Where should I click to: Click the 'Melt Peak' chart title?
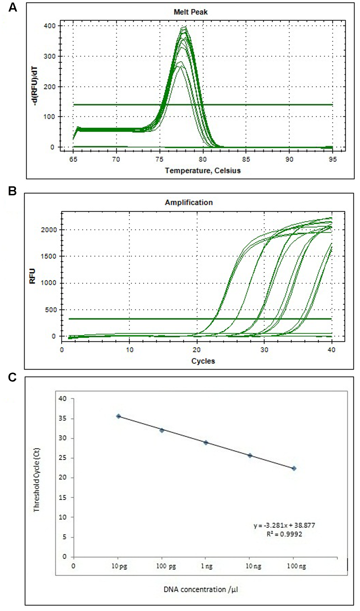point(190,12)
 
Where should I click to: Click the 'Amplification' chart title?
point(189,203)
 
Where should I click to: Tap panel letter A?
point(13,8)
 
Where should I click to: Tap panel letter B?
point(12,191)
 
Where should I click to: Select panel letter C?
point(12,378)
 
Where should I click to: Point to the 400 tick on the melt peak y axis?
point(50,26)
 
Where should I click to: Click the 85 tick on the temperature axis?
point(246,160)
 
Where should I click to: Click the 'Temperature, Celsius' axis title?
point(203,171)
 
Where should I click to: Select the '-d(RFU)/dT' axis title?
point(35,86)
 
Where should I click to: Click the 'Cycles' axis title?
point(203,361)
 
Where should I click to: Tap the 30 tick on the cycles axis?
point(264,350)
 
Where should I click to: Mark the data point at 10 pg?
point(118,416)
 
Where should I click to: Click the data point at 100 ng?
point(294,468)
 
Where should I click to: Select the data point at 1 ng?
point(206,442)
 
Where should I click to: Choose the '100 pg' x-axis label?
point(166,566)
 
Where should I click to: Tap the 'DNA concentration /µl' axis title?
point(201,589)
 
